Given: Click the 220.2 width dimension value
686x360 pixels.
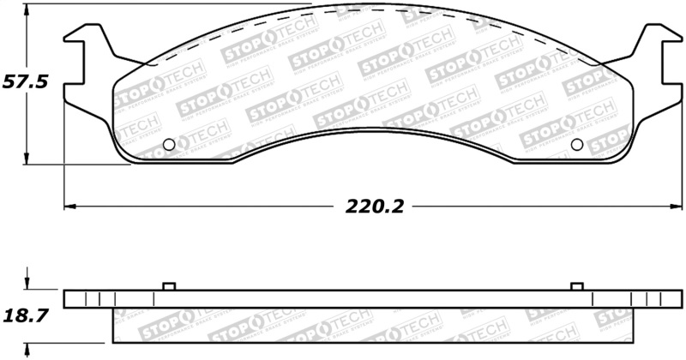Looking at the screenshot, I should (x=375, y=206).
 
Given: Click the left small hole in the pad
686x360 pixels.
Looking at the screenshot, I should (x=168, y=144).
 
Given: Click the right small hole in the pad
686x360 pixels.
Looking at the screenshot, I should (x=576, y=144).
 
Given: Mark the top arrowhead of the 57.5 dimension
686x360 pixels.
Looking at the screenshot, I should (x=28, y=9).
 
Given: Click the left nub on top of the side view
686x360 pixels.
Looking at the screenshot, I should (x=168, y=285).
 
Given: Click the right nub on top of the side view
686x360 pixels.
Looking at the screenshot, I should (x=576, y=285).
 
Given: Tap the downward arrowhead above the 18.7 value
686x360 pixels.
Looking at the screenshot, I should (x=28, y=285).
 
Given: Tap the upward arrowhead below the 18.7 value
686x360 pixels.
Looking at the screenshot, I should (x=28, y=348).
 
